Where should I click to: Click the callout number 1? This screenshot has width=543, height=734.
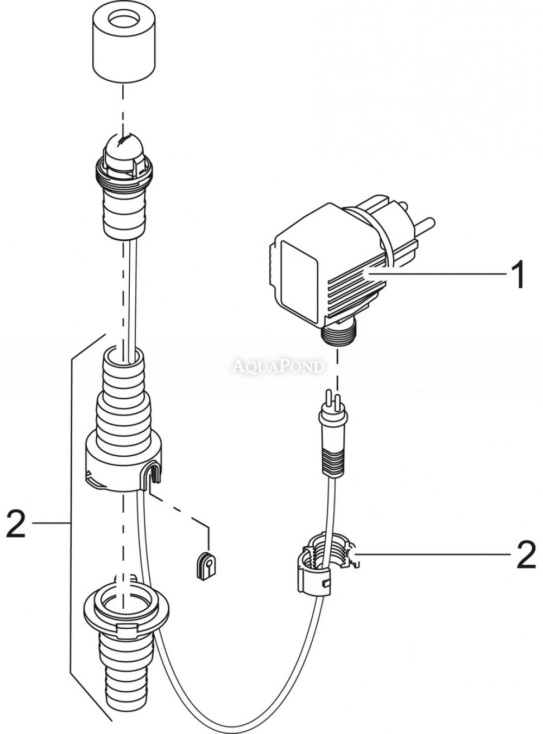(x=516, y=275)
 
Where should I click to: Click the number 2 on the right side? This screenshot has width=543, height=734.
(x=526, y=556)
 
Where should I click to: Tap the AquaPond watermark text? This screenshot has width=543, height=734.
(x=277, y=366)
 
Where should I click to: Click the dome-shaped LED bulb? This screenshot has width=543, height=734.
(x=123, y=147)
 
